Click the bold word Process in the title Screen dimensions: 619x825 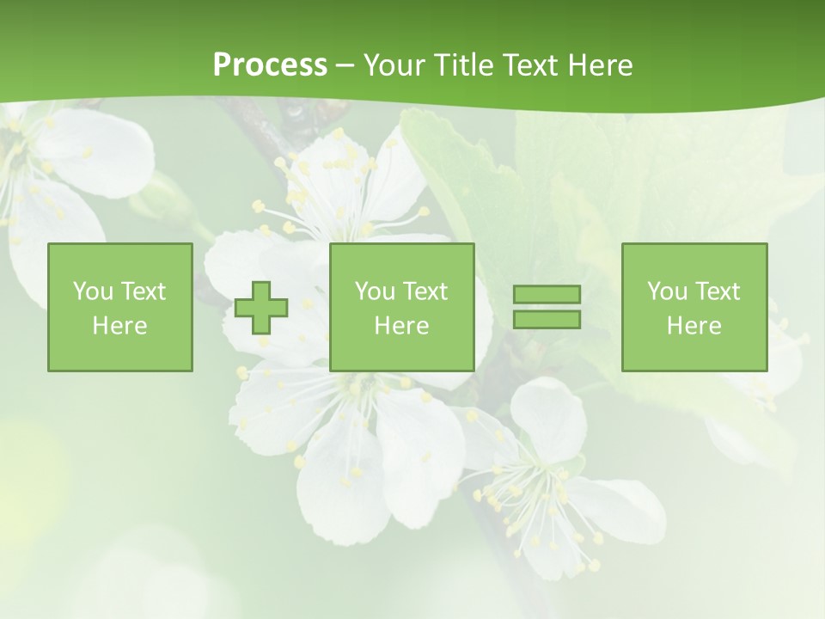point(270,65)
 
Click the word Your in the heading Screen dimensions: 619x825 point(394,65)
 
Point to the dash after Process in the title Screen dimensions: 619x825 point(345,66)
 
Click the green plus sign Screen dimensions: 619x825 point(261,308)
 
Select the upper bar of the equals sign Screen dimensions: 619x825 point(547,294)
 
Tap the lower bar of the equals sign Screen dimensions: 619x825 point(547,319)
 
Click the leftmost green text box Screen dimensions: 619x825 point(120,307)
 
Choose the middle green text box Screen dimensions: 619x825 point(401,307)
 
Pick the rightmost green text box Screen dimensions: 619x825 point(694,307)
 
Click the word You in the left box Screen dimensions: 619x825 point(93,291)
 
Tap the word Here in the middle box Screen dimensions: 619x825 point(401,326)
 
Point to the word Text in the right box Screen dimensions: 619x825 point(718,291)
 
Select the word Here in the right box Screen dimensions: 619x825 point(694,326)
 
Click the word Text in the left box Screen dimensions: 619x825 point(144,291)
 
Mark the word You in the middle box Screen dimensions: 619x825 point(375,291)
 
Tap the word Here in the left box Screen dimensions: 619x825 point(120,326)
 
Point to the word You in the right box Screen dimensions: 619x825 point(667,291)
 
